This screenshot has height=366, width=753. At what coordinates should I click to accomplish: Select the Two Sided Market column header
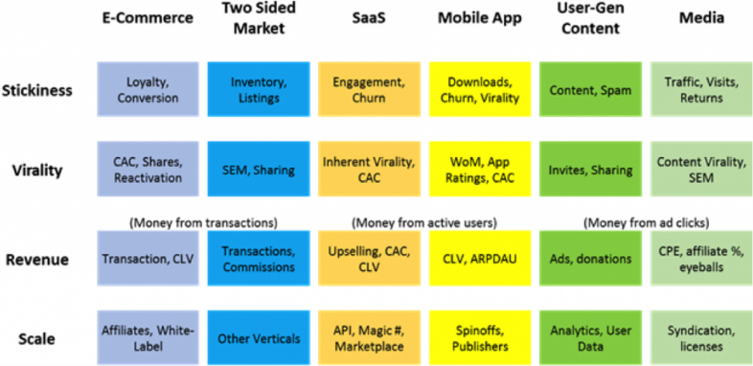257,17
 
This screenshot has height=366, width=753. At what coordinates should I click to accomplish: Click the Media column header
700,17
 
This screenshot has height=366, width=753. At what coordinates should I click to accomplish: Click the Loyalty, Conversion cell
148,89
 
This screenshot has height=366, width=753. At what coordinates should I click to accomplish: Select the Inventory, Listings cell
258,89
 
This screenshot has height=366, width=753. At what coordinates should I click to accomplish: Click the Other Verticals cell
258,337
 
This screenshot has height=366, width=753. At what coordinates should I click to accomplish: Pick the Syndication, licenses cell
700,337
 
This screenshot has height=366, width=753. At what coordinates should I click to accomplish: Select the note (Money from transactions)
203,222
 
